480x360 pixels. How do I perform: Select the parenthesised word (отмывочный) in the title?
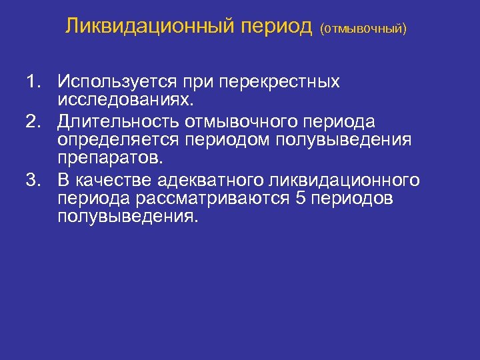(x=363, y=29)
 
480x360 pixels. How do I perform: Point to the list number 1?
(x=33, y=82)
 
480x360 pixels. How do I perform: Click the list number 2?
(x=33, y=122)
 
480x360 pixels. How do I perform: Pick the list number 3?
(x=33, y=181)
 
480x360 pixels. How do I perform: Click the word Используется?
(x=117, y=82)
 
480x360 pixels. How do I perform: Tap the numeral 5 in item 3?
(x=298, y=199)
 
